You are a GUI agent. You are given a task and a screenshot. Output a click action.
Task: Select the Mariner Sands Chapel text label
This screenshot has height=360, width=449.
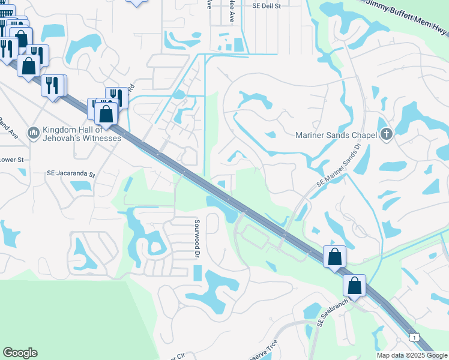pyautogui.click(x=336, y=135)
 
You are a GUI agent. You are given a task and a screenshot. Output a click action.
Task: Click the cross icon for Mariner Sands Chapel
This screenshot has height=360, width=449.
pyautogui.click(x=387, y=135)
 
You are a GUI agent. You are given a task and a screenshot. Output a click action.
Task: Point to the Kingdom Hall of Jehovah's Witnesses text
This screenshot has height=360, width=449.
pyautogui.click(x=82, y=134)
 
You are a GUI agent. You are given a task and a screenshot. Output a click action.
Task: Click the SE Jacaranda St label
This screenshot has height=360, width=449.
pyautogui.click(x=71, y=174)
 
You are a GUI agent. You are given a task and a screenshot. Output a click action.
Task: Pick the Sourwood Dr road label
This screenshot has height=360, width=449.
pyautogui.click(x=196, y=238)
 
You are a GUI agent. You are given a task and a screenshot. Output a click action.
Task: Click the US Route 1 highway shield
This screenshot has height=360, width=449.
pyautogui.click(x=413, y=338)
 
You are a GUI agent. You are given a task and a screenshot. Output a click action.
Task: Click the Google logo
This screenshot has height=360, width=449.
pyautogui.click(x=20, y=353)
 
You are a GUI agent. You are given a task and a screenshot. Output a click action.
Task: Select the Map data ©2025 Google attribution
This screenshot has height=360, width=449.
pyautogui.click(x=411, y=355)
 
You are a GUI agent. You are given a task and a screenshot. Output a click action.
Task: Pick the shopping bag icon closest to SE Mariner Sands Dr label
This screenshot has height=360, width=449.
pyautogui.click(x=334, y=256)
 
